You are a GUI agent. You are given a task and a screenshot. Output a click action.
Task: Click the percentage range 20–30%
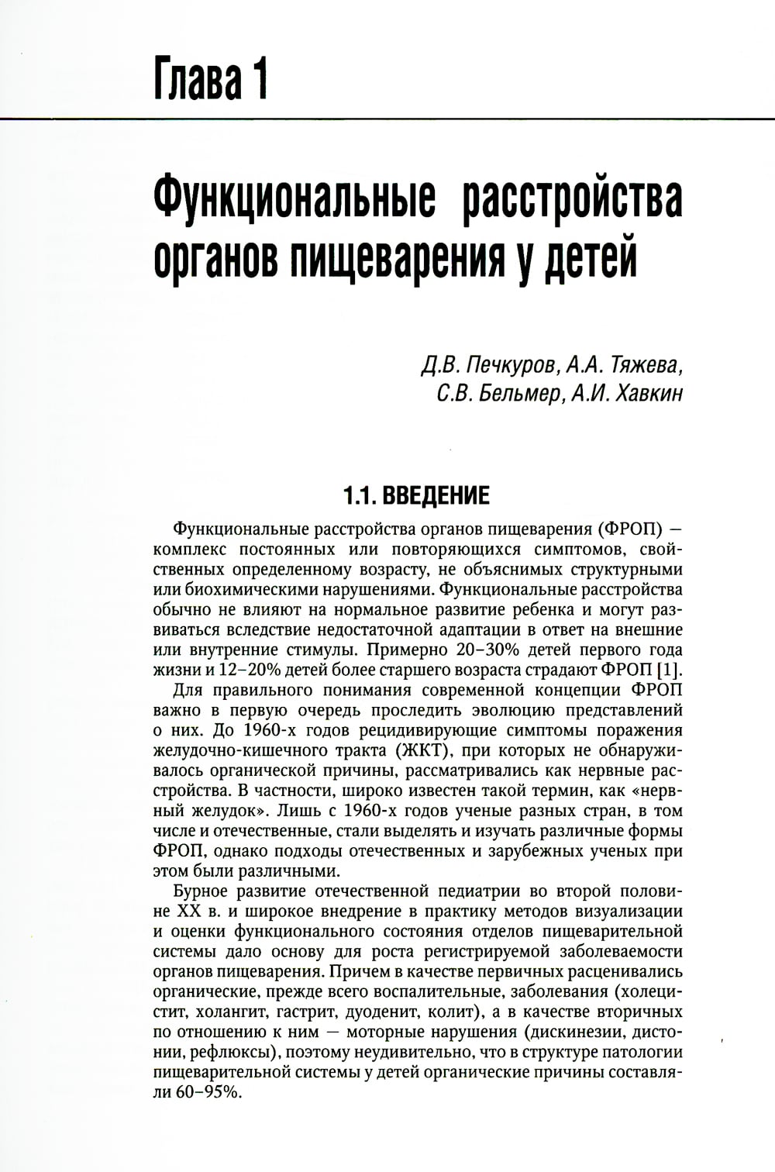pos(459,650)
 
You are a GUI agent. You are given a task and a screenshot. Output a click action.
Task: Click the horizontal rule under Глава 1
pos(387,118)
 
